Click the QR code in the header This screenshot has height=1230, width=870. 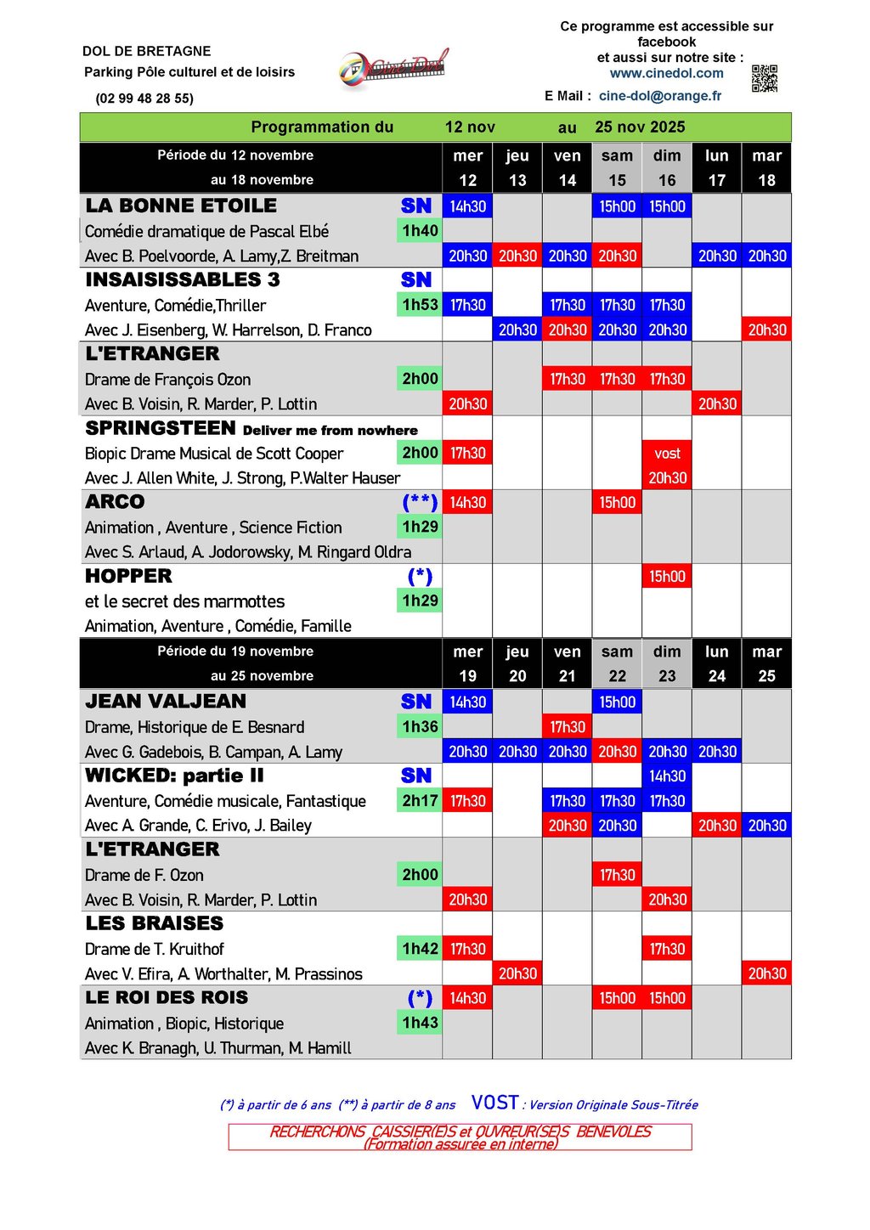pos(764,78)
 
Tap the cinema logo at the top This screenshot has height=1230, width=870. pos(393,68)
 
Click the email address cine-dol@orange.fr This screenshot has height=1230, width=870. pos(659,96)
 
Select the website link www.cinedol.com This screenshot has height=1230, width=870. pos(666,73)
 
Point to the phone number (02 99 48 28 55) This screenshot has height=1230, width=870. pos(144,99)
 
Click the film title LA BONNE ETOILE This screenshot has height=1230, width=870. pos(181,206)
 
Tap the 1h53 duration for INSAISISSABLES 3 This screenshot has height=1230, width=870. pos(420,305)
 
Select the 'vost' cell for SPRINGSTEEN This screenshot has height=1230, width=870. pos(667,454)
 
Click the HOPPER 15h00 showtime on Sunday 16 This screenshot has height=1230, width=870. pos(667,577)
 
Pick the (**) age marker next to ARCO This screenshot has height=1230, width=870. pos(420,502)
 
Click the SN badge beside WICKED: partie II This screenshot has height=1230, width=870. pos(416,776)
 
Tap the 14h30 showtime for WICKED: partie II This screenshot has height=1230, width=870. pos(667,776)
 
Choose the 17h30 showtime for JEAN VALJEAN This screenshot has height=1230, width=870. pos(567,727)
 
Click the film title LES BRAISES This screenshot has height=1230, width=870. pos(155,923)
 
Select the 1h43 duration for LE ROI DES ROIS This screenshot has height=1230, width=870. pos(420,1023)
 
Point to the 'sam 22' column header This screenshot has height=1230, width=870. pos(617,663)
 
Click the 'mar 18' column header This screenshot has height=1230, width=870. pos(766,167)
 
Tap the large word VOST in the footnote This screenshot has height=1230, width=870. pos(494,1103)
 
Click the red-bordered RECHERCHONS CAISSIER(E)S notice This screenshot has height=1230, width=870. pos(460,1137)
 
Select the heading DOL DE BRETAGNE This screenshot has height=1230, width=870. pos(147,51)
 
